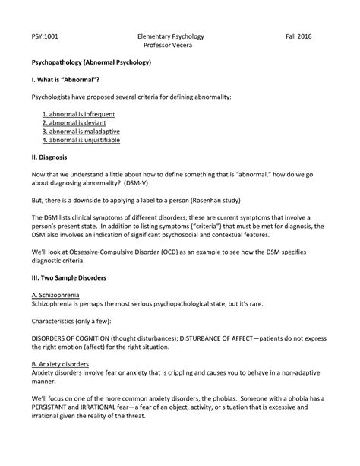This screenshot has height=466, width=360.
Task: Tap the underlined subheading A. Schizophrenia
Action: [60, 294]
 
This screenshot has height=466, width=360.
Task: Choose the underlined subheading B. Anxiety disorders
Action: [65, 363]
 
